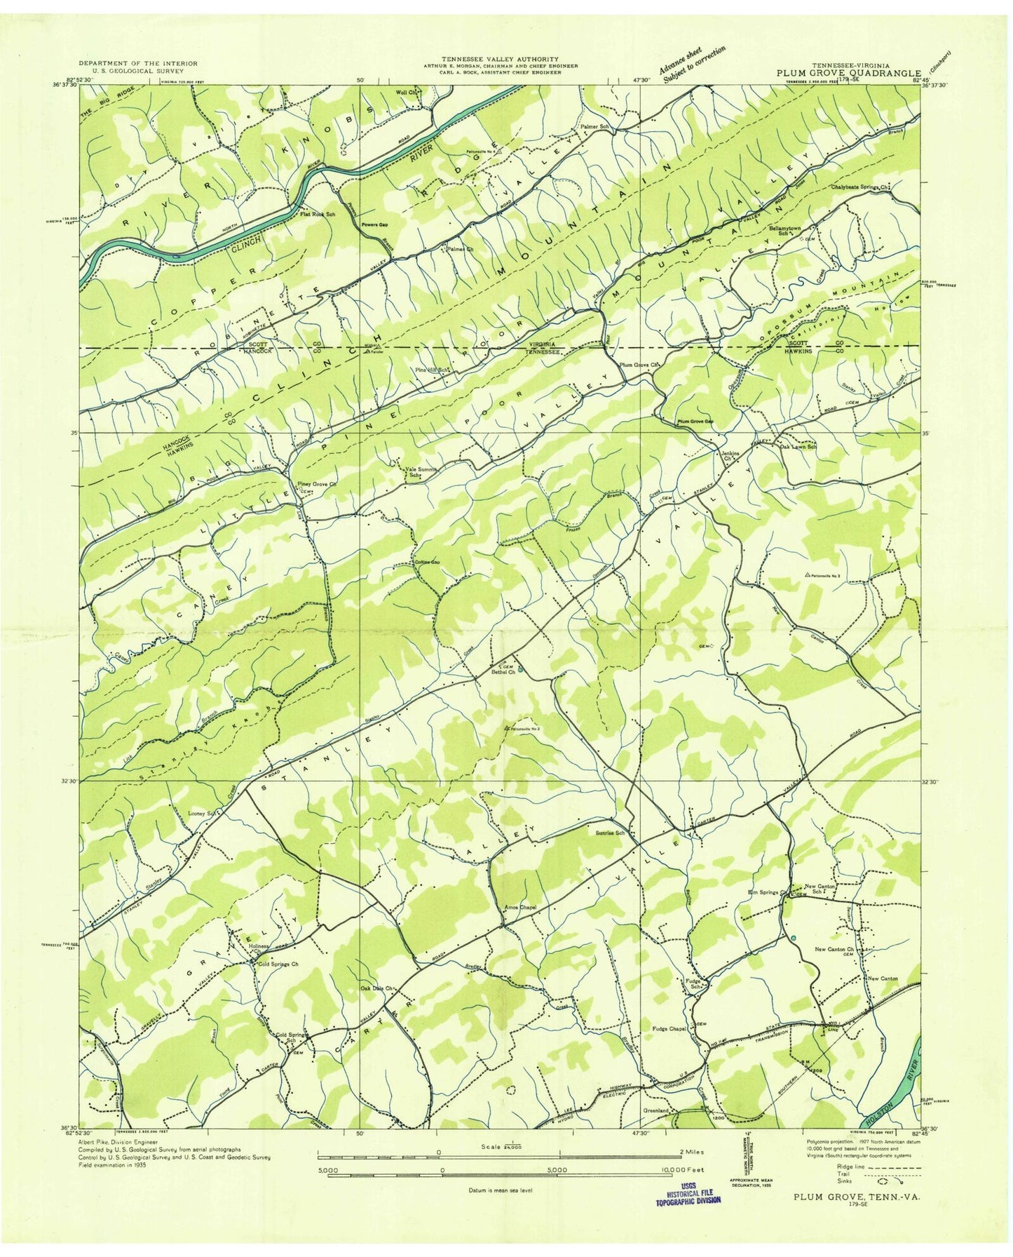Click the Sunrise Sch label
(609, 833)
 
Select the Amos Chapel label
(521, 907)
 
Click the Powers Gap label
(375, 225)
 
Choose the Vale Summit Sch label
(421, 472)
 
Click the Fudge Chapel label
(668, 1029)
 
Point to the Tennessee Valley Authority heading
(499, 59)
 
